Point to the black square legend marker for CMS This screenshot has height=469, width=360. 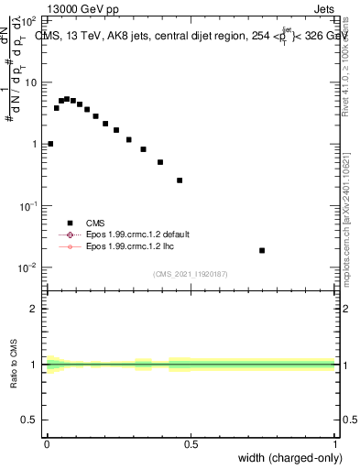tap(69, 222)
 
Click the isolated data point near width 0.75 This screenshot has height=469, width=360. tap(262, 250)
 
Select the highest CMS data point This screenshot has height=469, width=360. tap(67, 98)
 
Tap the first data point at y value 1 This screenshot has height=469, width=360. tap(50, 144)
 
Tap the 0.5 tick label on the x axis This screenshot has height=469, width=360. tap(191, 443)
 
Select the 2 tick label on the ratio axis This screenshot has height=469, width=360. tap(35, 309)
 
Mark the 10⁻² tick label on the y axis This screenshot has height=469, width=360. tap(27, 267)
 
